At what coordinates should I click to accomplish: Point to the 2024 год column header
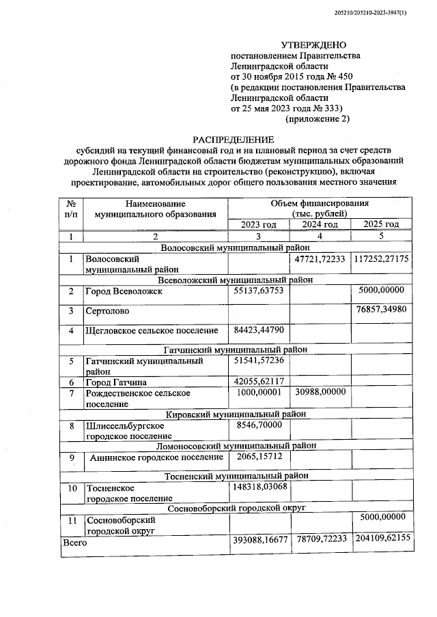pyautogui.click(x=320, y=224)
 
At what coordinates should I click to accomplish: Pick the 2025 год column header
pyautogui.click(x=381, y=224)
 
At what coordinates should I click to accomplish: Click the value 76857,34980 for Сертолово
pyautogui.click(x=381, y=310)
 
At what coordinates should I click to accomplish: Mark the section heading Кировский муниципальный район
pyautogui.click(x=231, y=414)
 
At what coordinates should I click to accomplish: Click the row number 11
pyautogui.click(x=71, y=521)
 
